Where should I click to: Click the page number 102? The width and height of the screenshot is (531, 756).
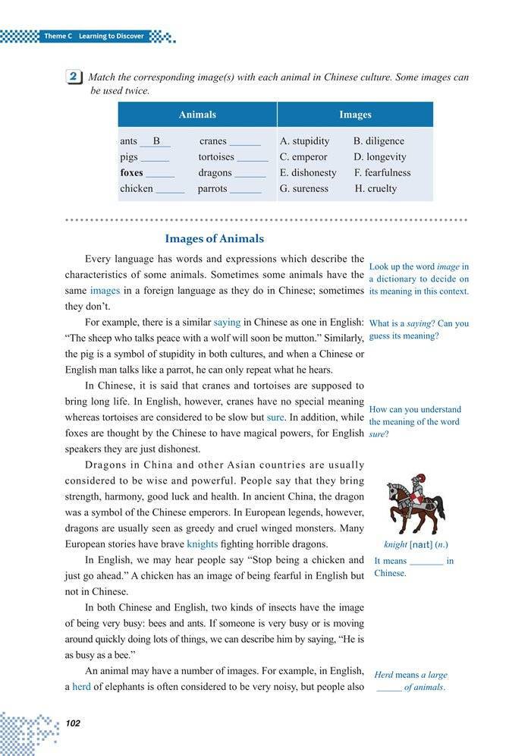pos(74,723)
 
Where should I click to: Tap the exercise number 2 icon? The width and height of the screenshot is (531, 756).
pos(74,77)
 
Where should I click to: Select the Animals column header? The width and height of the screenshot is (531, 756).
pos(197,115)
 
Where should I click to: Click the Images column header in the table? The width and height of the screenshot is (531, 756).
pos(355,115)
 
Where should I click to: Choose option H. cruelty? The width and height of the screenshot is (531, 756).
pos(375,188)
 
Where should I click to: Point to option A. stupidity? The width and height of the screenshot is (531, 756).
pos(305,141)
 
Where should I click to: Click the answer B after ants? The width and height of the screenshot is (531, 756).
pos(156,141)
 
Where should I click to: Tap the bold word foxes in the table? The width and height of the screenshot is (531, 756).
pos(131,172)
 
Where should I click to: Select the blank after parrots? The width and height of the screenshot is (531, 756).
pos(245,189)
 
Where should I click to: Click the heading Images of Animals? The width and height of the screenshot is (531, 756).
pos(215,238)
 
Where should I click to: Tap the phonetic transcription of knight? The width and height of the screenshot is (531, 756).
pos(422,544)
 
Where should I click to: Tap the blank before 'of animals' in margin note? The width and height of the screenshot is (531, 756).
pos(388,688)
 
